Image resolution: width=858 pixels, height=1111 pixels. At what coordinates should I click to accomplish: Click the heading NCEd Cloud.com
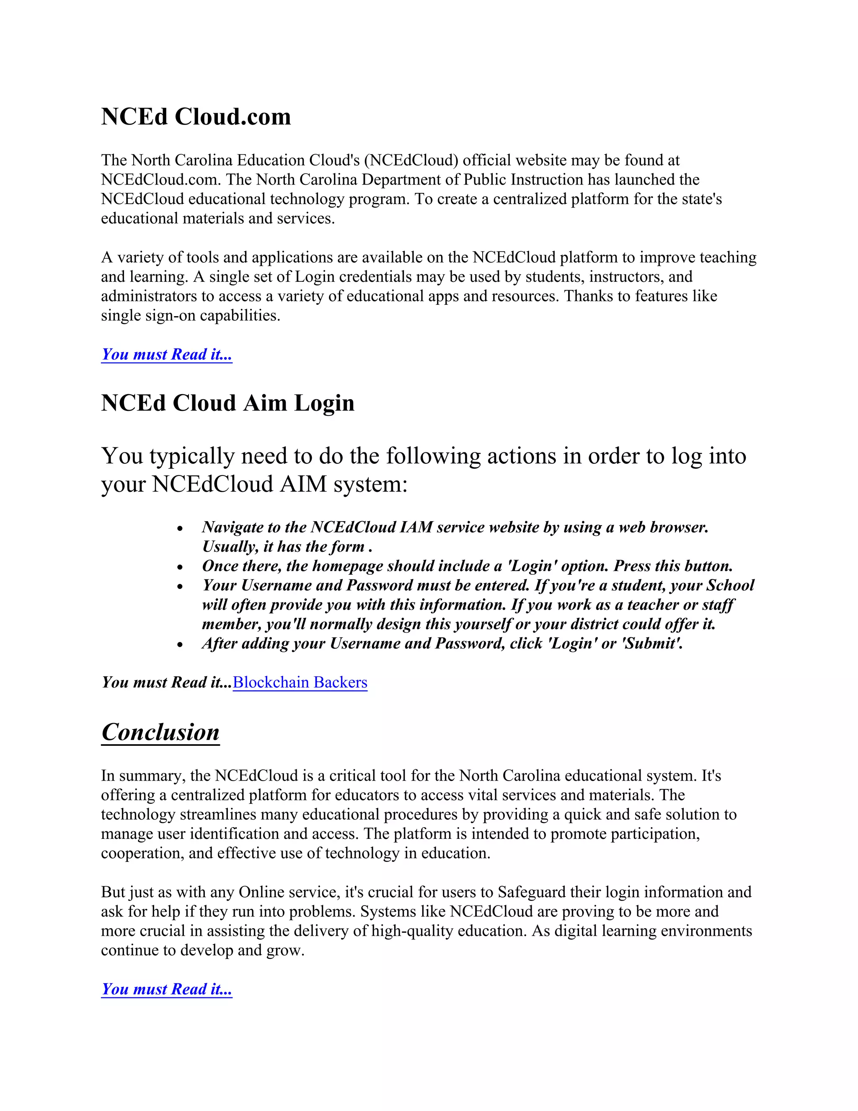[196, 117]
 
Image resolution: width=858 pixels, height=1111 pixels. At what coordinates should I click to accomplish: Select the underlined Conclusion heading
[160, 732]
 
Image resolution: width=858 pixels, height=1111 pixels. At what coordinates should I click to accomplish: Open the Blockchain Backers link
[300, 682]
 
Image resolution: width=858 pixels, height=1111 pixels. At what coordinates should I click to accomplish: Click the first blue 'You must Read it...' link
[167, 354]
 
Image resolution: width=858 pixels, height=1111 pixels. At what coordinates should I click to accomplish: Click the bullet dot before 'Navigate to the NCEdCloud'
[180, 529]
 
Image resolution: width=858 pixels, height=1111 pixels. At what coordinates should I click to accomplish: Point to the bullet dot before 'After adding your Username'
[180, 645]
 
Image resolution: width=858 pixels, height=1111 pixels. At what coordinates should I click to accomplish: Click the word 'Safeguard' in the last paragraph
[532, 892]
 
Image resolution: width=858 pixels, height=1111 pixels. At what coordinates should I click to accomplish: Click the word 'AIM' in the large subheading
[303, 483]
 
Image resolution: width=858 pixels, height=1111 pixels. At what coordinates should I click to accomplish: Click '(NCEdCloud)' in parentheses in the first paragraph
[411, 160]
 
